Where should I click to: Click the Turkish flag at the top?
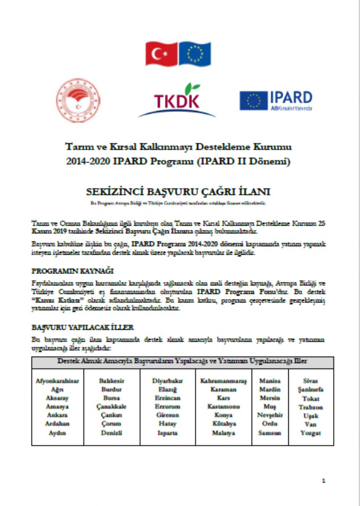[x=161, y=54]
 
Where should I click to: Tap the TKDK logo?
[x=177, y=101]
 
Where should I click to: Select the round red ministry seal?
[x=78, y=100]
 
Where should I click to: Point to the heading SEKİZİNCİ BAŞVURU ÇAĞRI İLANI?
[x=178, y=192]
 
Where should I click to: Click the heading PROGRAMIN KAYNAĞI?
[x=72, y=271]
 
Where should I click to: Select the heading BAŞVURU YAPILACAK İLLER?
[x=83, y=327]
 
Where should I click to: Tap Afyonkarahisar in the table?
[x=57, y=381]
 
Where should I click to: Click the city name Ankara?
[x=57, y=415]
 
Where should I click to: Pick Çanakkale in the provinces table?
[x=111, y=406]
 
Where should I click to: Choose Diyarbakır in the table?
[x=167, y=381]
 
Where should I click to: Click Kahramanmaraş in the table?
[x=223, y=381]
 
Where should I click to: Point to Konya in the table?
[x=223, y=415]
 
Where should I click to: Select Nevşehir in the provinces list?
[x=270, y=415]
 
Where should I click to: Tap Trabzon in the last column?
[x=311, y=407]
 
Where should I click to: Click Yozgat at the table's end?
[x=311, y=433]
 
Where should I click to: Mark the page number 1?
[x=324, y=481]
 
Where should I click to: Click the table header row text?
[x=182, y=361]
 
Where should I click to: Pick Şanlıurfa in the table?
[x=311, y=389]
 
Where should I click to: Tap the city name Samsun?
[x=270, y=433]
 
